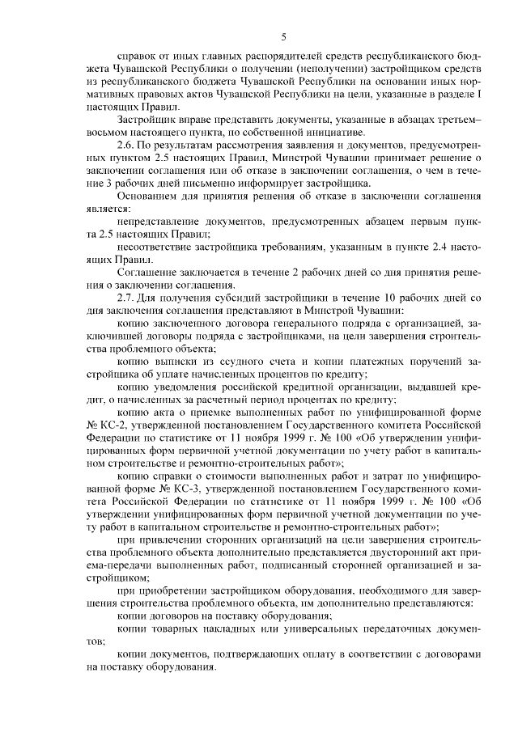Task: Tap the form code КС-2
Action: tap(108, 421)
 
